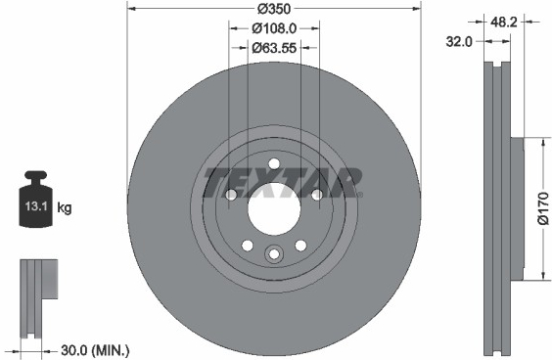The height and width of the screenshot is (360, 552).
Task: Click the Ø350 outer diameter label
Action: pyautogui.click(x=273, y=9)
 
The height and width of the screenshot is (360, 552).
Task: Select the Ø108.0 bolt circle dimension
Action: pyautogui.click(x=274, y=28)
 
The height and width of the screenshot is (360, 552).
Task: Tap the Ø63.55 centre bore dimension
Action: pyautogui.click(x=274, y=48)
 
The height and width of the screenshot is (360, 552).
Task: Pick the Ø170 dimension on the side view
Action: pyautogui.click(x=543, y=208)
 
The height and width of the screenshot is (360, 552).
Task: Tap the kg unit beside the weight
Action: pyautogui.click(x=64, y=207)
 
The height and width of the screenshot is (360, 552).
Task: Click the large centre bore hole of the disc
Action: pyautogui.click(x=274, y=209)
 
